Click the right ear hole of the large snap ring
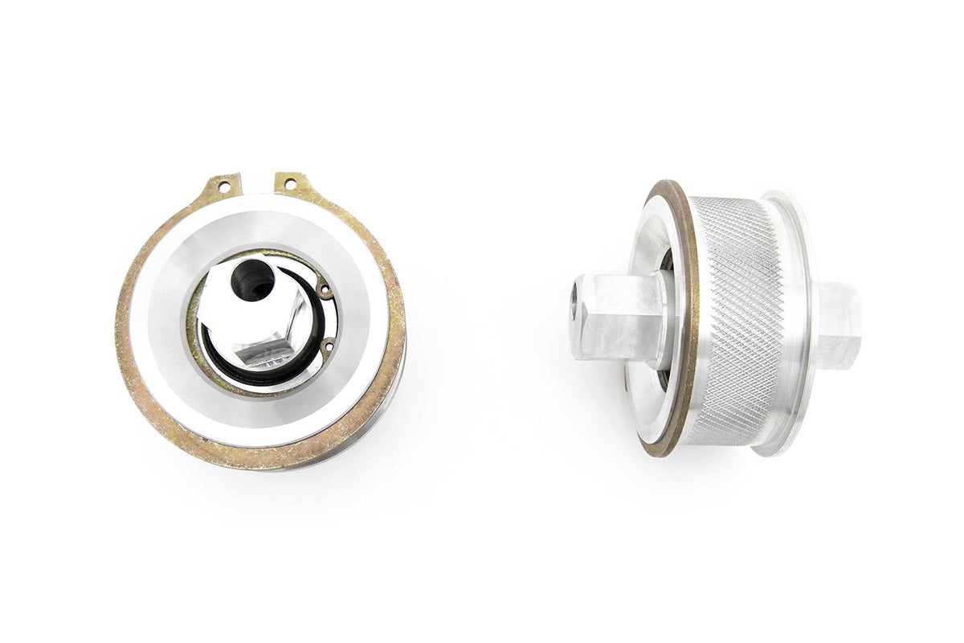coord(291,184)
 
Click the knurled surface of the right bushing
coord(735,321)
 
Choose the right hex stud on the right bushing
coord(839,321)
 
